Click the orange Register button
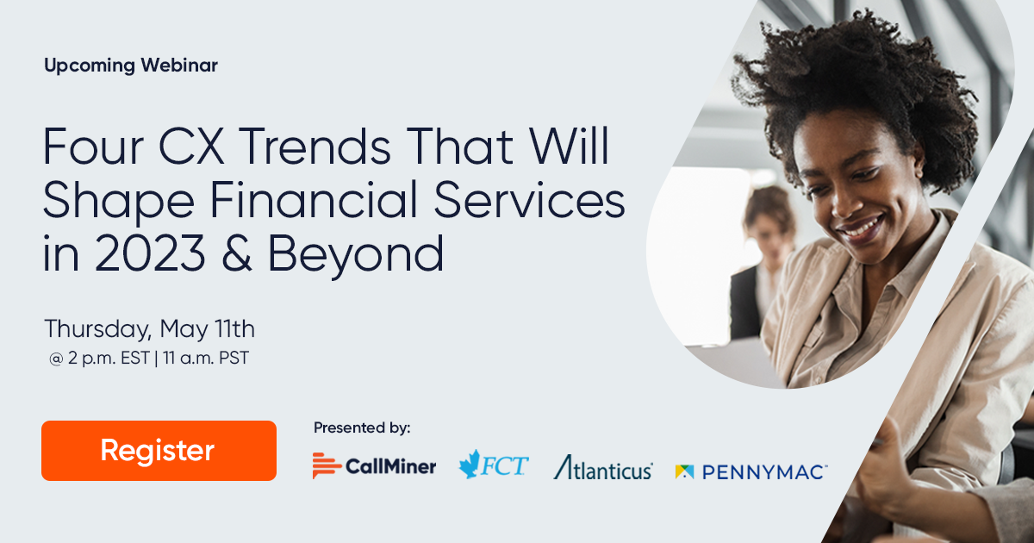tap(159, 450)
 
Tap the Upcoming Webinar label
tap(131, 66)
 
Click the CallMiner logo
tap(374, 466)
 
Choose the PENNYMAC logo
tap(751, 471)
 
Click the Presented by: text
tap(362, 428)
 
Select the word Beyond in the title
tap(355, 256)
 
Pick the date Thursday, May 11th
tap(149, 329)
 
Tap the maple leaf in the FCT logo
tap(471, 464)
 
